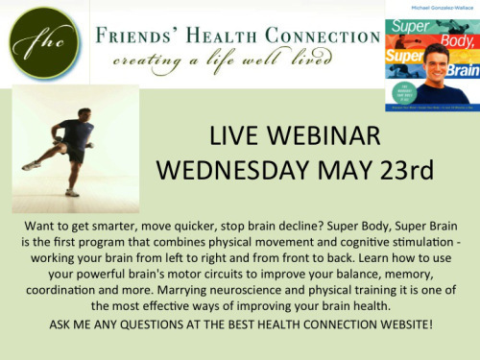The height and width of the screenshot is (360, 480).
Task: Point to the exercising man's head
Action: coord(78,115)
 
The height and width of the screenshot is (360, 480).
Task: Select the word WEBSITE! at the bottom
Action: coord(400,324)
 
